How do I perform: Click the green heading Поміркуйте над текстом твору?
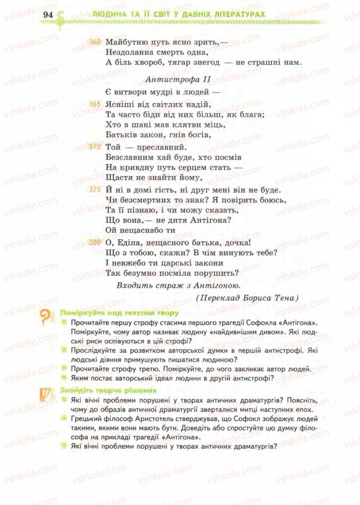tap(119, 312)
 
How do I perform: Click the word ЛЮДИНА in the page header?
tap(107, 14)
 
